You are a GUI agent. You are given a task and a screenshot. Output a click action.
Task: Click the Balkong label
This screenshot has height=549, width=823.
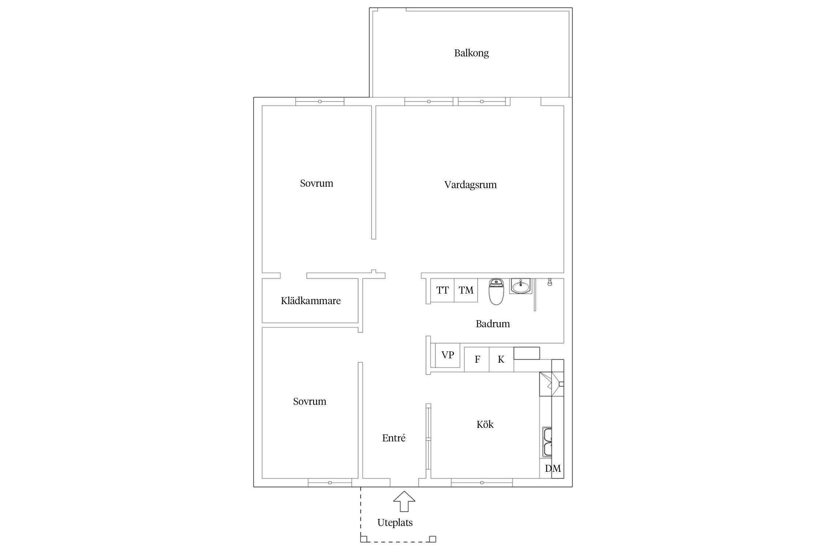click(x=471, y=53)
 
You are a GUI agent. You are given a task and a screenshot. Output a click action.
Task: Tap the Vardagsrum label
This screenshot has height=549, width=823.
click(x=470, y=185)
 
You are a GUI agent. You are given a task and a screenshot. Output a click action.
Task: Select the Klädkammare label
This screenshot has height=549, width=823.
click(x=311, y=301)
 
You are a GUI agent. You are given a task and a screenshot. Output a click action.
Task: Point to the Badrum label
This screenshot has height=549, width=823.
click(x=493, y=324)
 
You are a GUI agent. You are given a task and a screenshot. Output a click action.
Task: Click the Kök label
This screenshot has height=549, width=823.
click(x=485, y=424)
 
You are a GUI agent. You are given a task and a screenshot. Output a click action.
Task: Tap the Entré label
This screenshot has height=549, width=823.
click(x=394, y=438)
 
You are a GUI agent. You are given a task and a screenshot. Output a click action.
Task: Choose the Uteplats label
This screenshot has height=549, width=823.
click(x=395, y=523)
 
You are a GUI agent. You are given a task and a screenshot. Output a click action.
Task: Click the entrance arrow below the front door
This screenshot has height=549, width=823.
click(x=404, y=501)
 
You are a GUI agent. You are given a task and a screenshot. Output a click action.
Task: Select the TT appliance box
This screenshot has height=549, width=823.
click(x=442, y=290)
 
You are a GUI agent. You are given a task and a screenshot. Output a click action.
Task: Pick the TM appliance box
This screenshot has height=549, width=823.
click(x=466, y=290)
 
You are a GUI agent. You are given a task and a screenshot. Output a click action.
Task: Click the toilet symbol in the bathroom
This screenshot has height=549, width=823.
click(x=496, y=292)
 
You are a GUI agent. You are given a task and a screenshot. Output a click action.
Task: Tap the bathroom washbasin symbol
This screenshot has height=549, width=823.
click(x=520, y=286)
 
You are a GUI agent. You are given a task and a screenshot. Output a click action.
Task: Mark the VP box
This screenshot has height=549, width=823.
click(x=447, y=355)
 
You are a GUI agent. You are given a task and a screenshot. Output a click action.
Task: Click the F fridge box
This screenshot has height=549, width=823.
click(x=477, y=359)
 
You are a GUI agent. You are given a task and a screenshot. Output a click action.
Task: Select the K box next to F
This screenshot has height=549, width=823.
click(x=501, y=359)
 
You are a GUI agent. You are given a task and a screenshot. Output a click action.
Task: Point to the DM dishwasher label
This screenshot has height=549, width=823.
click(x=553, y=468)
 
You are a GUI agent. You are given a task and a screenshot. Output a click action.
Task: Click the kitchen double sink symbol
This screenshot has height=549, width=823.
click(x=547, y=442)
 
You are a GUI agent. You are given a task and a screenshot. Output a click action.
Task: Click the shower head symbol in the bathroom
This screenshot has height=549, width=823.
click(x=549, y=282)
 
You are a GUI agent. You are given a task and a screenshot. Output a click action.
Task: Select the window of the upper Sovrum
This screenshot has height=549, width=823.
click(x=320, y=101)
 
